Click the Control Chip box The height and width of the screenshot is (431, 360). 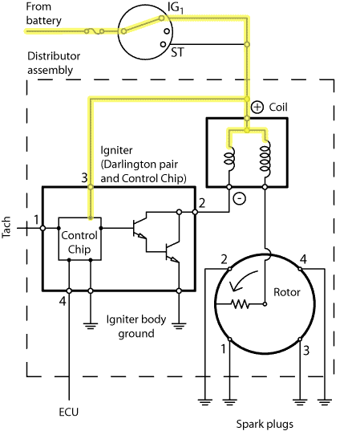(79, 239)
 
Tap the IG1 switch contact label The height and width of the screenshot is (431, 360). (176, 8)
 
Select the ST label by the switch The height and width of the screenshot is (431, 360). (177, 52)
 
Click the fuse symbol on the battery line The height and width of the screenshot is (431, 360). (94, 31)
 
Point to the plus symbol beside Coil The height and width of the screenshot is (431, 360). (257, 107)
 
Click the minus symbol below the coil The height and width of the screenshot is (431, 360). (239, 198)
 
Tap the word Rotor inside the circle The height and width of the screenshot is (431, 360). (287, 292)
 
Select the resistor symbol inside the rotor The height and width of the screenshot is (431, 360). (241, 304)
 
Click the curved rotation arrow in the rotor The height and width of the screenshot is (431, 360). (243, 281)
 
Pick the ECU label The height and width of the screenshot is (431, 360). (69, 412)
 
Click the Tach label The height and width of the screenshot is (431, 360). (6, 227)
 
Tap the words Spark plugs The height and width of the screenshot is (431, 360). (265, 424)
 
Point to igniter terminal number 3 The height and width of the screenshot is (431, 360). (84, 177)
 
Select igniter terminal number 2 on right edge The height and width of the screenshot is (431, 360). (202, 203)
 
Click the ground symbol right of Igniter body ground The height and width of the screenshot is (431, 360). (179, 326)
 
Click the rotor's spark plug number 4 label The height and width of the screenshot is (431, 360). (303, 259)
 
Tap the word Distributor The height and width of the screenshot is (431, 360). (54, 56)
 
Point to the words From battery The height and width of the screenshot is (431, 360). (43, 14)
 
